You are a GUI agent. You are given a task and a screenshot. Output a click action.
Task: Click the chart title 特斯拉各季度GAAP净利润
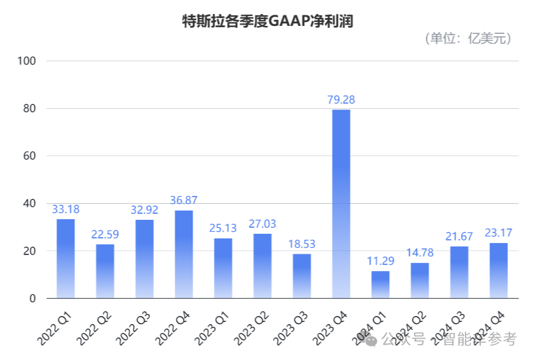coord(267,21)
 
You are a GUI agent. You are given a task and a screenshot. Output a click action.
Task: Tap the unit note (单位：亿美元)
coord(468,39)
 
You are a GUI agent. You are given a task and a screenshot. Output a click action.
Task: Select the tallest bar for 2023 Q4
coord(341,203)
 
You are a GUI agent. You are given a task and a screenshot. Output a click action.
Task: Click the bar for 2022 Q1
coord(65,258)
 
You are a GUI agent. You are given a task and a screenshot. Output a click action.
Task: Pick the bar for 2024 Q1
coord(380,284)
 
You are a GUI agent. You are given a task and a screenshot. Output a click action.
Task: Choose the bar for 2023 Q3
coord(302,276)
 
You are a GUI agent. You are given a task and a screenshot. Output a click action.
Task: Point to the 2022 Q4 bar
coord(183,254)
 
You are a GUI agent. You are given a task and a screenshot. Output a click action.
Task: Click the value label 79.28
coord(341,100)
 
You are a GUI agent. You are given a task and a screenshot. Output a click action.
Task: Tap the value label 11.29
coord(381,261)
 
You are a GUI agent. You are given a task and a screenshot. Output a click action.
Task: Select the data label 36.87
coord(183,201)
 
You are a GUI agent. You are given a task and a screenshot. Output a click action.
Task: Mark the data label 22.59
coord(105,234)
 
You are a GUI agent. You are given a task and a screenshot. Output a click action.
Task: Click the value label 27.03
coord(262,224)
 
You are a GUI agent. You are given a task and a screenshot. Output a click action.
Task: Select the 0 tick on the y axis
coord(32,299)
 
